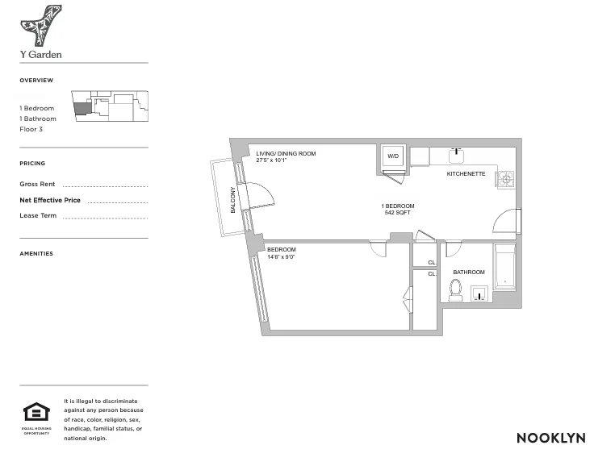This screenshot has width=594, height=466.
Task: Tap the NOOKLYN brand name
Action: (551, 438)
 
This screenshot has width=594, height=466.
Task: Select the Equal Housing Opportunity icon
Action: (36, 414)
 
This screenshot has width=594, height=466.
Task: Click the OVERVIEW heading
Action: (36, 81)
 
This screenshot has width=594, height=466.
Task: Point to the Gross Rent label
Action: (37, 185)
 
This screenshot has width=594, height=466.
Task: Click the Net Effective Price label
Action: (50, 200)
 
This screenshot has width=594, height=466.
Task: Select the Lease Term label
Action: (38, 215)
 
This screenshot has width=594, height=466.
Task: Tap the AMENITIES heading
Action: (36, 254)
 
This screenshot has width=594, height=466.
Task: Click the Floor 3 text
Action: (31, 129)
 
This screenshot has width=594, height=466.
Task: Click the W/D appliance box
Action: (393, 156)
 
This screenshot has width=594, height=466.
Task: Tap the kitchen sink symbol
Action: (457, 152)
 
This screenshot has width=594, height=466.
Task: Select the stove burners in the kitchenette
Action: (505, 179)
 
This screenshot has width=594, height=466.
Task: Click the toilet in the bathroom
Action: (455, 289)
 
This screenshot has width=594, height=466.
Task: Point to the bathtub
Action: (504, 267)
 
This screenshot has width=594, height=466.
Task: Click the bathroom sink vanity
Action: (479, 294)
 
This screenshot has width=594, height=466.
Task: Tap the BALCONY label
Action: (234, 199)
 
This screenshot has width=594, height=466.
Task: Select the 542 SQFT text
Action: (398, 213)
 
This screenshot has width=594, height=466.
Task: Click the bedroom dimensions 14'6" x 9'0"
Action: (281, 257)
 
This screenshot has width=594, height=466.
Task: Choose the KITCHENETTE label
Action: (466, 174)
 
